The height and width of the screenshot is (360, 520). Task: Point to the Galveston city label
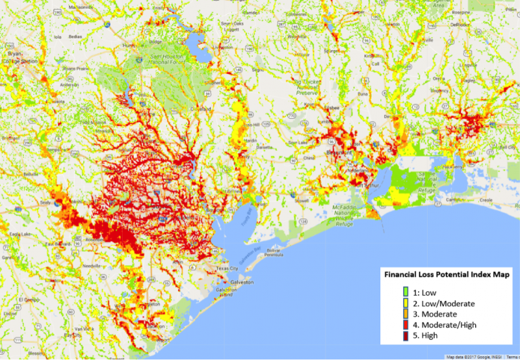point(242,283)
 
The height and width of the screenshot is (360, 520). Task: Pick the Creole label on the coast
point(486,200)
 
